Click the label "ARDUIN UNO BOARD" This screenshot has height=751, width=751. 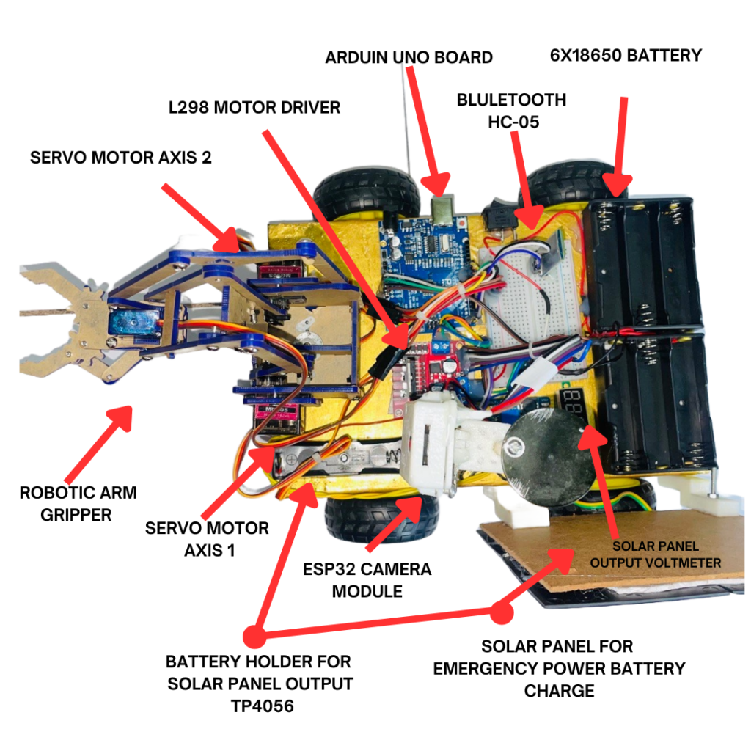[409, 57]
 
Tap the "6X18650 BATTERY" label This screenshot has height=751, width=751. [626, 55]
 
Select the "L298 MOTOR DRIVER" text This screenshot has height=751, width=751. [254, 108]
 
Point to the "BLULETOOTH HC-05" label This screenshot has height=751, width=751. [512, 111]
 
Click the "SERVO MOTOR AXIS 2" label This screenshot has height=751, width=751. [121, 157]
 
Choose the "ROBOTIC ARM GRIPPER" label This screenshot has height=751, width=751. [78, 503]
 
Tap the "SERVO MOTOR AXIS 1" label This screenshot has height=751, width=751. [207, 538]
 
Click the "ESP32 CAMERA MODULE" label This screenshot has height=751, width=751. [367, 579]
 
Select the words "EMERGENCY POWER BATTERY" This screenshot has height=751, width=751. [559, 668]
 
